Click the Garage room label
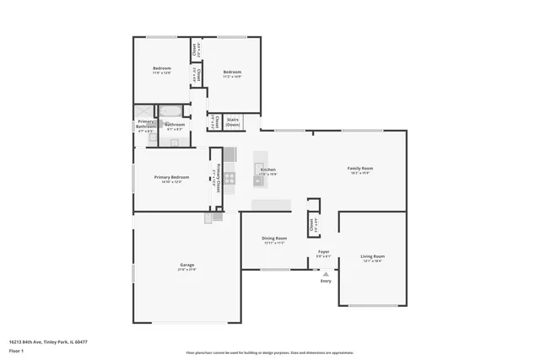tap(186, 265)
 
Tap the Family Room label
tap(360, 168)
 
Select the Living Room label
tap(372, 255)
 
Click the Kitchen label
tap(268, 169)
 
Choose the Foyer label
tap(323, 251)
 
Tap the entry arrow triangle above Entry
tap(326, 272)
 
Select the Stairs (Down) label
tap(232, 122)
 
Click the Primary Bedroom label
tap(171, 177)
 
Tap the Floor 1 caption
tap(18, 351)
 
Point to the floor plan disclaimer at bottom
tap(269, 352)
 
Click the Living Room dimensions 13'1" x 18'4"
tap(372, 261)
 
